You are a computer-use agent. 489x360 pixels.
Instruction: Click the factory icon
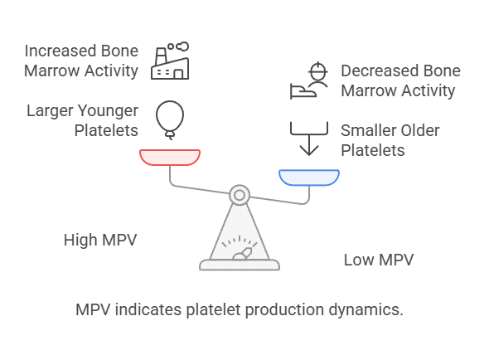(x=169, y=63)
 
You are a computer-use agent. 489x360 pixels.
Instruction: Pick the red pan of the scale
(x=170, y=157)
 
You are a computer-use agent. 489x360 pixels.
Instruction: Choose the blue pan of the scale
(x=309, y=177)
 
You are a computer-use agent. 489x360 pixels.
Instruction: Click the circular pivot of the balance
(x=239, y=196)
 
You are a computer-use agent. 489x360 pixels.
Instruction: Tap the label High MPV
(x=100, y=241)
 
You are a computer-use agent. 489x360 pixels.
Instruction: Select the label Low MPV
(x=379, y=260)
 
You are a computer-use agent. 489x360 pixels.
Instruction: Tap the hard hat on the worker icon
(x=317, y=67)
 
